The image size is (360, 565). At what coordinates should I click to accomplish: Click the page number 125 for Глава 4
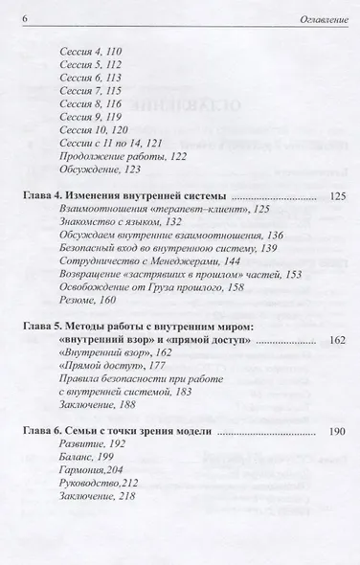336,221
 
